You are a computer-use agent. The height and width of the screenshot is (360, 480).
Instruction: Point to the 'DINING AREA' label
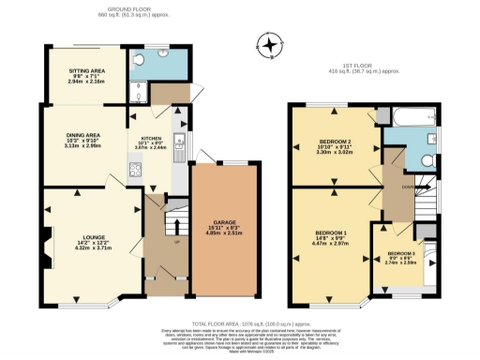[82, 134]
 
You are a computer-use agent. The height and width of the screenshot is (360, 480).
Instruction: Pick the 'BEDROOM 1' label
[330, 232]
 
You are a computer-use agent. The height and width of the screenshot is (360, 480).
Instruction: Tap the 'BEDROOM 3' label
[401, 253]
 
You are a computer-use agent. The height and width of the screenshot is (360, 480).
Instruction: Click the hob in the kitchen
[134, 171]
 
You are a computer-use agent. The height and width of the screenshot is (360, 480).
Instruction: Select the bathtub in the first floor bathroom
[410, 116]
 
